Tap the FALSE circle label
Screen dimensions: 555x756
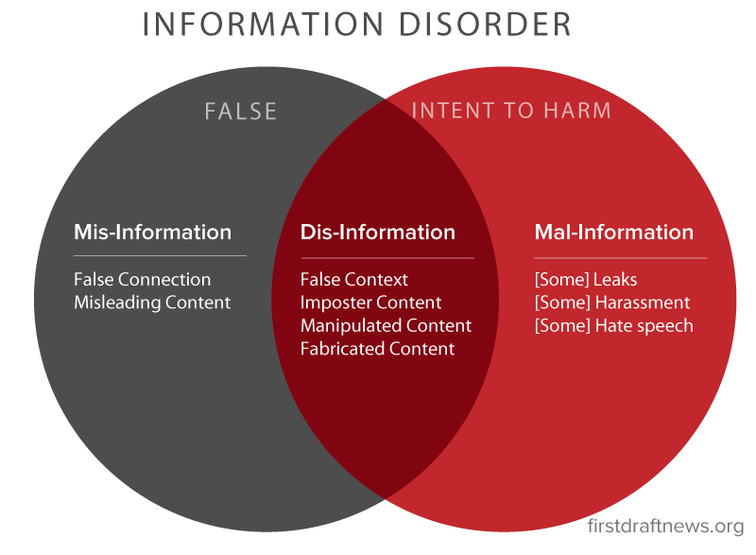coord(241,112)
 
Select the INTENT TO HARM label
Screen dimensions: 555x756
coord(511,112)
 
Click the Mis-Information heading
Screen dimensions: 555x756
coord(152,233)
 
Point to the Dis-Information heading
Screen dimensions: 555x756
coord(377,233)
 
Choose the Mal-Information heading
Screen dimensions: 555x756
coord(613,233)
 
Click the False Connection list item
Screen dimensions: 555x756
coord(142,280)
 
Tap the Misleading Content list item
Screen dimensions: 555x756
coord(151,303)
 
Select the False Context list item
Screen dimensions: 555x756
coord(354,280)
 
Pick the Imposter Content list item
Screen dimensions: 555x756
coord(370,303)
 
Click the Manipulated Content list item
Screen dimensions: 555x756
coord(386,326)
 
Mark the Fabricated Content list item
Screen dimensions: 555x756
coord(377,349)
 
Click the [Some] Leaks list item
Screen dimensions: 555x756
coord(586,280)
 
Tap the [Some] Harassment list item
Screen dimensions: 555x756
coord(612,303)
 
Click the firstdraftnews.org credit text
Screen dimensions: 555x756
coord(665,526)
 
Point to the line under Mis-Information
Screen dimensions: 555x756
coord(160,255)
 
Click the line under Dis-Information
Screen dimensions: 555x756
coord(387,257)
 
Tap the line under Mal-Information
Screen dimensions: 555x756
coord(620,257)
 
